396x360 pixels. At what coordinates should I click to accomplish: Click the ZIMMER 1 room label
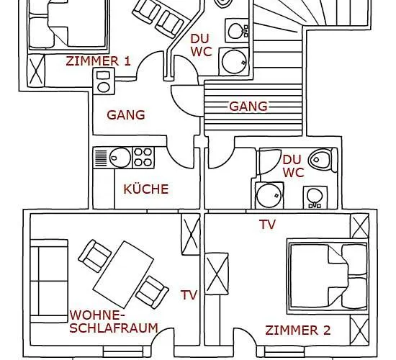point(98,60)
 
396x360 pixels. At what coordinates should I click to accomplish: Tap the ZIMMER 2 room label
point(298,330)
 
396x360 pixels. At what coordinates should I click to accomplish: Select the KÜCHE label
point(145,189)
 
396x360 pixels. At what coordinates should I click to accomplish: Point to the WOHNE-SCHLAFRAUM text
point(113,321)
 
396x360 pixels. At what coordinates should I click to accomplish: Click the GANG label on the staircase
point(248,107)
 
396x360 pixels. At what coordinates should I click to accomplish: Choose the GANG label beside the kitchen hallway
point(126,114)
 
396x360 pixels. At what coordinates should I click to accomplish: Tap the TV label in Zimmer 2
point(267,225)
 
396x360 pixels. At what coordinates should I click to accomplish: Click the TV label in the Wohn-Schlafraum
point(189,294)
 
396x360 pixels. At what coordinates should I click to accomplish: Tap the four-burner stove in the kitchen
point(143,156)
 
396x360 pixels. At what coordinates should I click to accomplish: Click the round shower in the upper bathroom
point(234,61)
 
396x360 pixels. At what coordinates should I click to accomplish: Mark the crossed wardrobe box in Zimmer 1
point(35,70)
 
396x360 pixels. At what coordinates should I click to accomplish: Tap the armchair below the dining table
point(152,291)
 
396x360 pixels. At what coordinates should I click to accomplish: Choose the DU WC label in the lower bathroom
point(292,166)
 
